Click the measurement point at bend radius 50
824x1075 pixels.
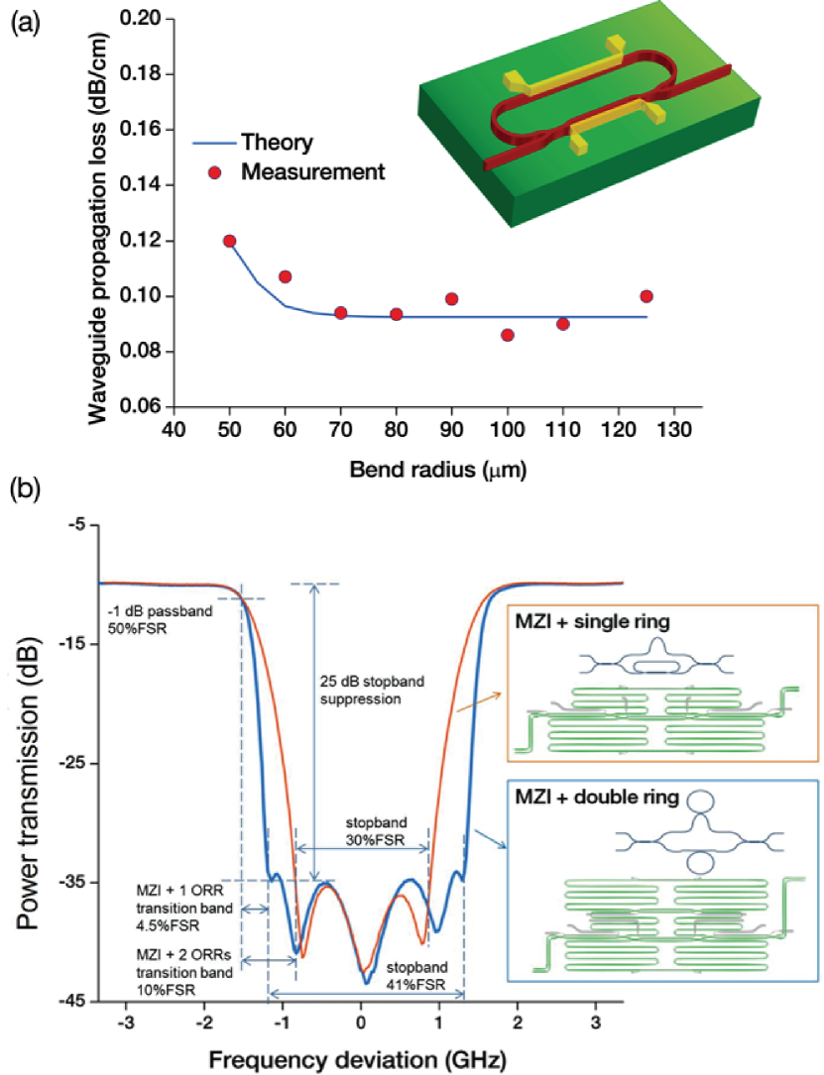click(230, 241)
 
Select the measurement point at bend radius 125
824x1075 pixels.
click(647, 296)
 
